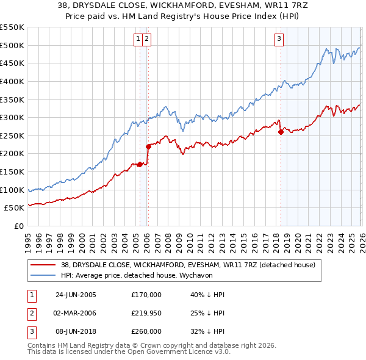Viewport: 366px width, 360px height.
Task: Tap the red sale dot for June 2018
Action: click(x=281, y=132)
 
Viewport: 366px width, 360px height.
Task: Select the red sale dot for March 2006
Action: click(x=148, y=146)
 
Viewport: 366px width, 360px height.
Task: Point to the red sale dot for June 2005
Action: click(x=140, y=164)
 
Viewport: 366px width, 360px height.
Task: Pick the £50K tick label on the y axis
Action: click(x=15, y=208)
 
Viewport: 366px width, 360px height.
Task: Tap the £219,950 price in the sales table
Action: click(x=146, y=313)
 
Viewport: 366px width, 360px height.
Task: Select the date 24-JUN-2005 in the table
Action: click(x=76, y=295)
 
